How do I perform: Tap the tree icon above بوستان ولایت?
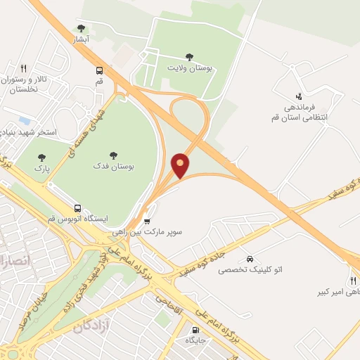point(188,57)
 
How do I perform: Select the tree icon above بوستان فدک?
point(113,155)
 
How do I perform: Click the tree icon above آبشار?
point(81,29)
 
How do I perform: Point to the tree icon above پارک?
point(41,158)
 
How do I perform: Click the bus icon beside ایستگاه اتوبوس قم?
point(77,208)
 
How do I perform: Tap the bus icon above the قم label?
point(99,70)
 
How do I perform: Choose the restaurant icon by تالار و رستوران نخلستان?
point(23,68)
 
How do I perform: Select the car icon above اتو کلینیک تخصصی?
point(250,258)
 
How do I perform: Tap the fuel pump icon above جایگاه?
point(195,329)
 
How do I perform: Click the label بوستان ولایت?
point(190,68)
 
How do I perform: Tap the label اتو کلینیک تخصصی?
point(250,270)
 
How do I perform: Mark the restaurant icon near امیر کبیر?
point(352,280)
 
